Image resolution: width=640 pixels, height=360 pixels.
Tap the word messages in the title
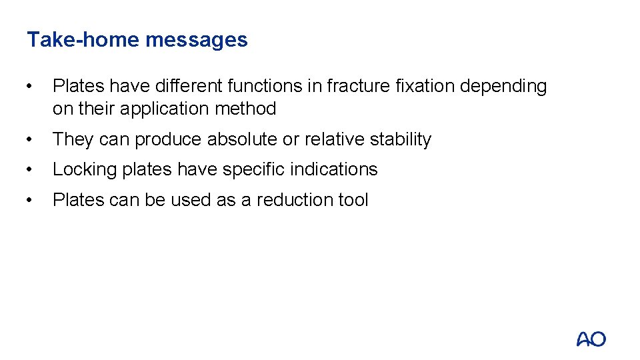coord(196,39)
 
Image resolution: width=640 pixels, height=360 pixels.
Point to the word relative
coord(335,139)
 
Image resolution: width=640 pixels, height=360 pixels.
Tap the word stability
coord(401,139)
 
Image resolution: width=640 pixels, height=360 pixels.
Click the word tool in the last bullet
coord(353,200)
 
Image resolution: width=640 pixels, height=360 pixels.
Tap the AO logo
coord(591,339)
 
